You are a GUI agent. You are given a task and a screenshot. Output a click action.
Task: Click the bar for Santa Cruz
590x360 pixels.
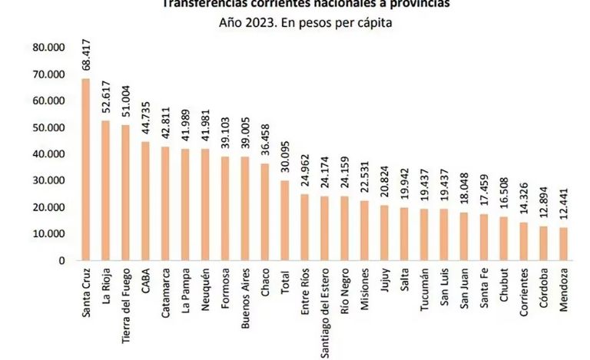pos(85,170)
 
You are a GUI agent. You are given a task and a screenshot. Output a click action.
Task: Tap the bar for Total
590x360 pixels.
pos(285,220)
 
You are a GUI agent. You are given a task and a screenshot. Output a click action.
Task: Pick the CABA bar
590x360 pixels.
pos(145,201)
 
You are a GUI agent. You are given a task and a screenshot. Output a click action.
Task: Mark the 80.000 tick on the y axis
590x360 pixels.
pos(49,48)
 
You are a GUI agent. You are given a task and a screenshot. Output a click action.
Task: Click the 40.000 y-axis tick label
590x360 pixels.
pos(49,154)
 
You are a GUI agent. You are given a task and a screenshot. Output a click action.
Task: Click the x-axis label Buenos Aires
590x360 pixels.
pos(245,292)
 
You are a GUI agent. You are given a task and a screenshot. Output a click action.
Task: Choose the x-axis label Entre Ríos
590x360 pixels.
pos(305,290)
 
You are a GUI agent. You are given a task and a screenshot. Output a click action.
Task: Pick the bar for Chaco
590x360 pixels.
pos(265,213)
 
